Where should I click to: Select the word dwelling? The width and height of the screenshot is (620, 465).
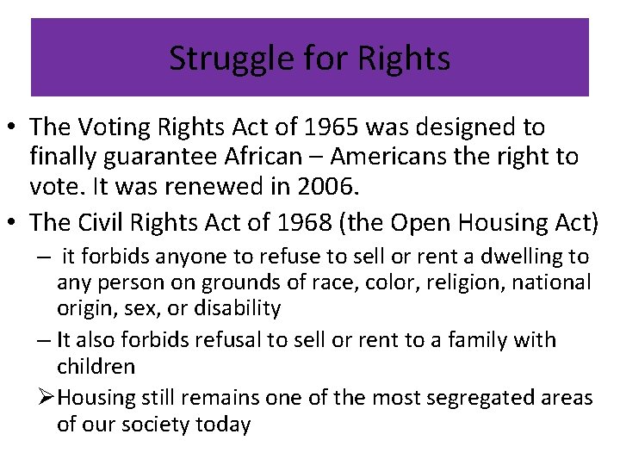tap(514, 257)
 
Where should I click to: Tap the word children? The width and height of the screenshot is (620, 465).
tap(96, 366)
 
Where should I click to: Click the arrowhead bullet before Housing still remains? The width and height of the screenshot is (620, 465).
tap(46, 397)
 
